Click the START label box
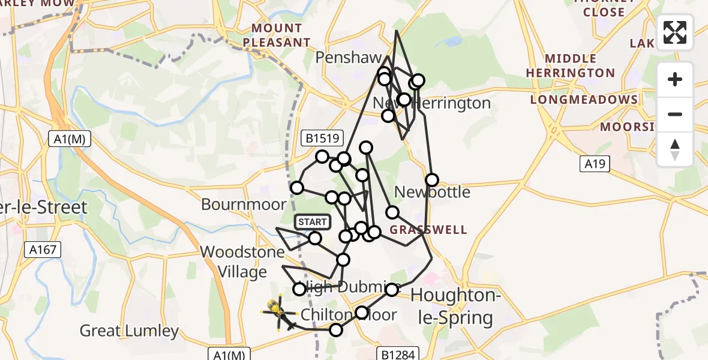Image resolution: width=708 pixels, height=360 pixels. pyautogui.click(x=312, y=222)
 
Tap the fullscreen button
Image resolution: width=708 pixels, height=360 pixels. pyautogui.click(x=675, y=32)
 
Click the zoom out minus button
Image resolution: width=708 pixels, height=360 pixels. pyautogui.click(x=675, y=114)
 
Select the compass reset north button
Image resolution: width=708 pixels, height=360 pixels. pyautogui.click(x=675, y=149)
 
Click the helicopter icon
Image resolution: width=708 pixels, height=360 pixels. pyautogui.click(x=279, y=312)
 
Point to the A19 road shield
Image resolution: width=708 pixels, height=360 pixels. pyautogui.click(x=595, y=164)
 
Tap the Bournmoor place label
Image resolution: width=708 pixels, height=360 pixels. pyautogui.click(x=244, y=205)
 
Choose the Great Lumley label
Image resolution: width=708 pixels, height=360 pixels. pyautogui.click(x=129, y=331)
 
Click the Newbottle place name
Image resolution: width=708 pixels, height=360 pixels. pyautogui.click(x=432, y=193)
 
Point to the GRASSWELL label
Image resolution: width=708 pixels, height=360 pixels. pyautogui.click(x=428, y=230)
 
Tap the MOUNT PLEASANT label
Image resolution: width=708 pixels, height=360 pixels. pyautogui.click(x=281, y=35)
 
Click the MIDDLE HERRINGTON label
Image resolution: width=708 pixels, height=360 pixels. pyautogui.click(x=571, y=66)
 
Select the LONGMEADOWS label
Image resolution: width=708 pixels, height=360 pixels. pyautogui.click(x=583, y=100)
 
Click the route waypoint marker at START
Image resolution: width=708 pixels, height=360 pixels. pyautogui.click(x=315, y=239)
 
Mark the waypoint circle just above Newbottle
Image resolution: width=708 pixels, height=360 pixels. pyautogui.click(x=432, y=179)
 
